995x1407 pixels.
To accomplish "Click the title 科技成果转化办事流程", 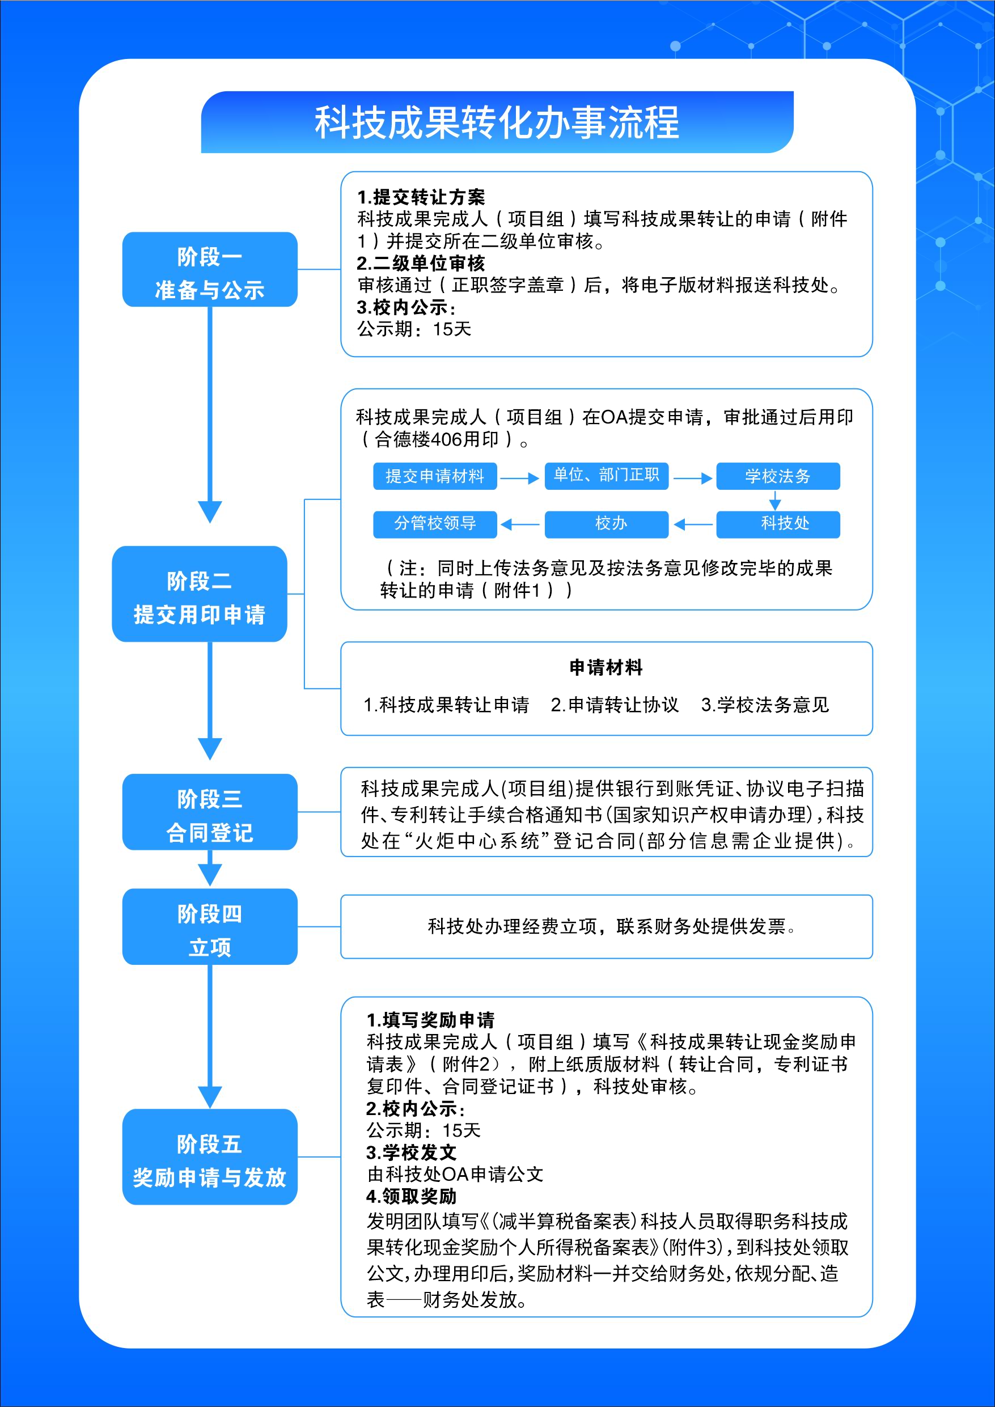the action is (497, 122).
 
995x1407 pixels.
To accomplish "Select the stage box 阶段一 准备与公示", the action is (210, 270).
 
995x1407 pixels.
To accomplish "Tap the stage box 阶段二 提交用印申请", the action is (199, 594).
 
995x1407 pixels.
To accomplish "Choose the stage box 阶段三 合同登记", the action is (210, 812).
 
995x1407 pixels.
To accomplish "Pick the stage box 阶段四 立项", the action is (210, 926).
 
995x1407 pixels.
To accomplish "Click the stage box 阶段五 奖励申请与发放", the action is (210, 1157).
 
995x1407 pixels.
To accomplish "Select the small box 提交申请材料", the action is (435, 476).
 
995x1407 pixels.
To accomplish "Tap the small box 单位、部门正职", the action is (606, 476).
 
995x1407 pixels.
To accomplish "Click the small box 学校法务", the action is (778, 476).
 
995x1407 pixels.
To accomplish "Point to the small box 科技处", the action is (778, 524).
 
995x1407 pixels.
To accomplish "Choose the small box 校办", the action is (606, 524).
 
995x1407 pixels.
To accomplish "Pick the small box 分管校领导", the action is (435, 524).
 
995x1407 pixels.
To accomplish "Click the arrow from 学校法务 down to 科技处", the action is (775, 500).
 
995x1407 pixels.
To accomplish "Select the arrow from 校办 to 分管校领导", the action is (520, 524).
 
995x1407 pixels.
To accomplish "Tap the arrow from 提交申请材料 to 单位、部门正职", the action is (520, 478).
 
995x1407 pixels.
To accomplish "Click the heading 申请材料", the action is (606, 667).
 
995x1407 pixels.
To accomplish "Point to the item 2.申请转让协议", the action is (615, 705).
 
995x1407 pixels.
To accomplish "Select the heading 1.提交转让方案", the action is (421, 197).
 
